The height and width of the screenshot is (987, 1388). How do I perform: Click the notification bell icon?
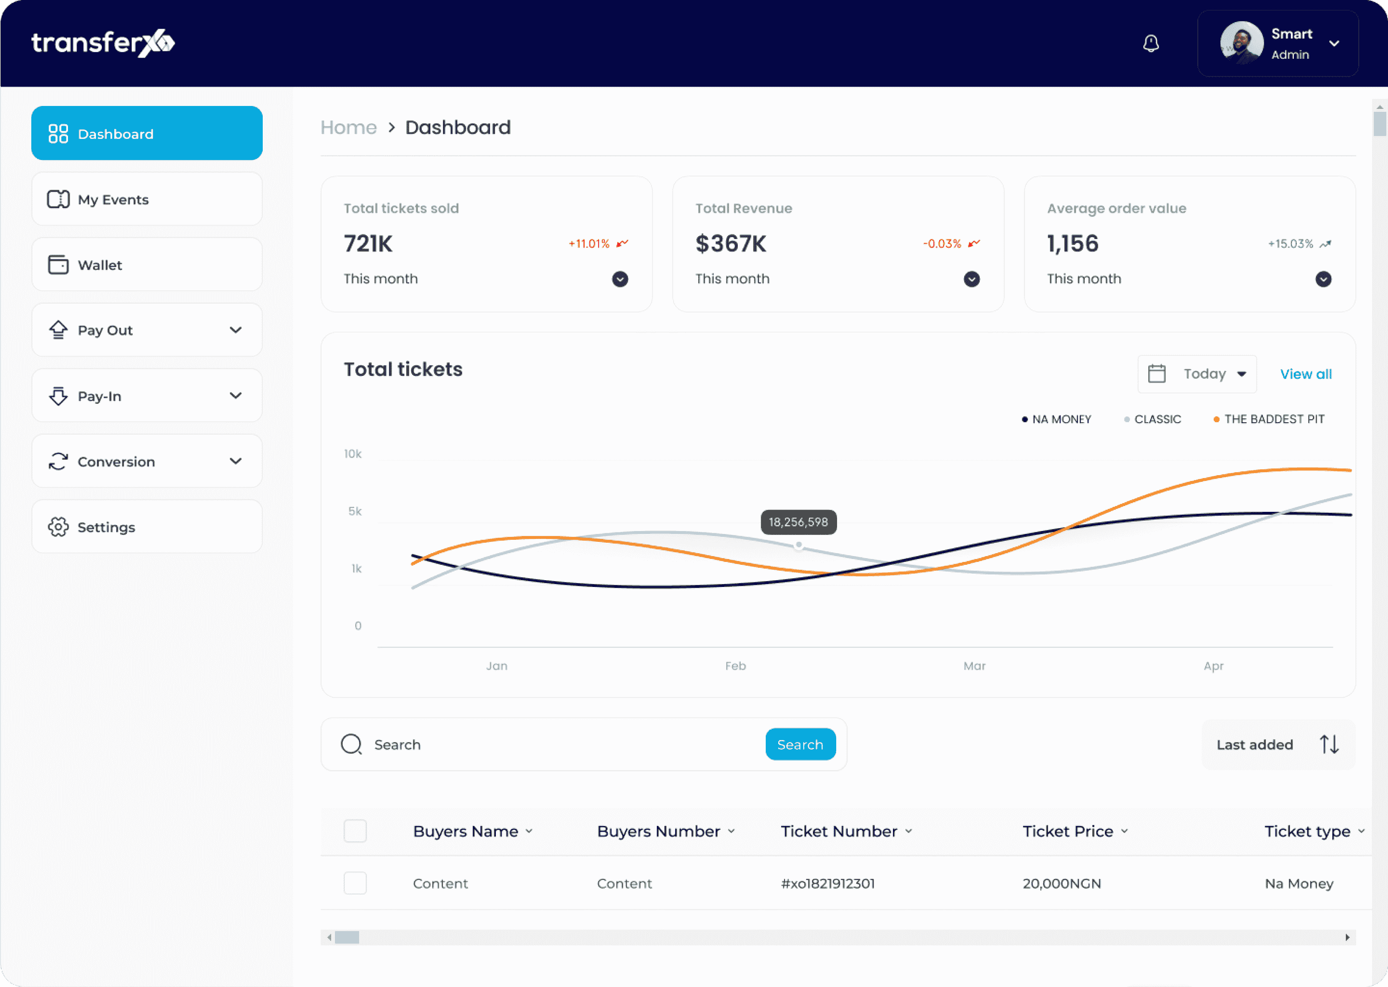click(x=1151, y=43)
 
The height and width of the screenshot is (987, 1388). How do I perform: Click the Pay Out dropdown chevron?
click(x=236, y=330)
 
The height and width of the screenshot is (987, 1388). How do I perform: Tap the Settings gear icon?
click(x=58, y=527)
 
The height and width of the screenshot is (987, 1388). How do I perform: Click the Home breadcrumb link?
click(x=349, y=128)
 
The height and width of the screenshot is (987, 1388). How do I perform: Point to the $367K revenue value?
click(x=731, y=244)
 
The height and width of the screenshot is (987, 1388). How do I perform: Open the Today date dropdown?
click(x=1197, y=374)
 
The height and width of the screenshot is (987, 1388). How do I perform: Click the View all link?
click(x=1306, y=374)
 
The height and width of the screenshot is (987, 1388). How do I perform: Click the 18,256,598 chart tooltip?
click(x=798, y=522)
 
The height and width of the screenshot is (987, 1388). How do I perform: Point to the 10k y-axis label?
click(x=353, y=454)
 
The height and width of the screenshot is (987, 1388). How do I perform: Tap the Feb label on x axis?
click(x=735, y=666)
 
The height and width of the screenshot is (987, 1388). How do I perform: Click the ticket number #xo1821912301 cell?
click(x=827, y=884)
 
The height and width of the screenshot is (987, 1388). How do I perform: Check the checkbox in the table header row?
click(x=355, y=831)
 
